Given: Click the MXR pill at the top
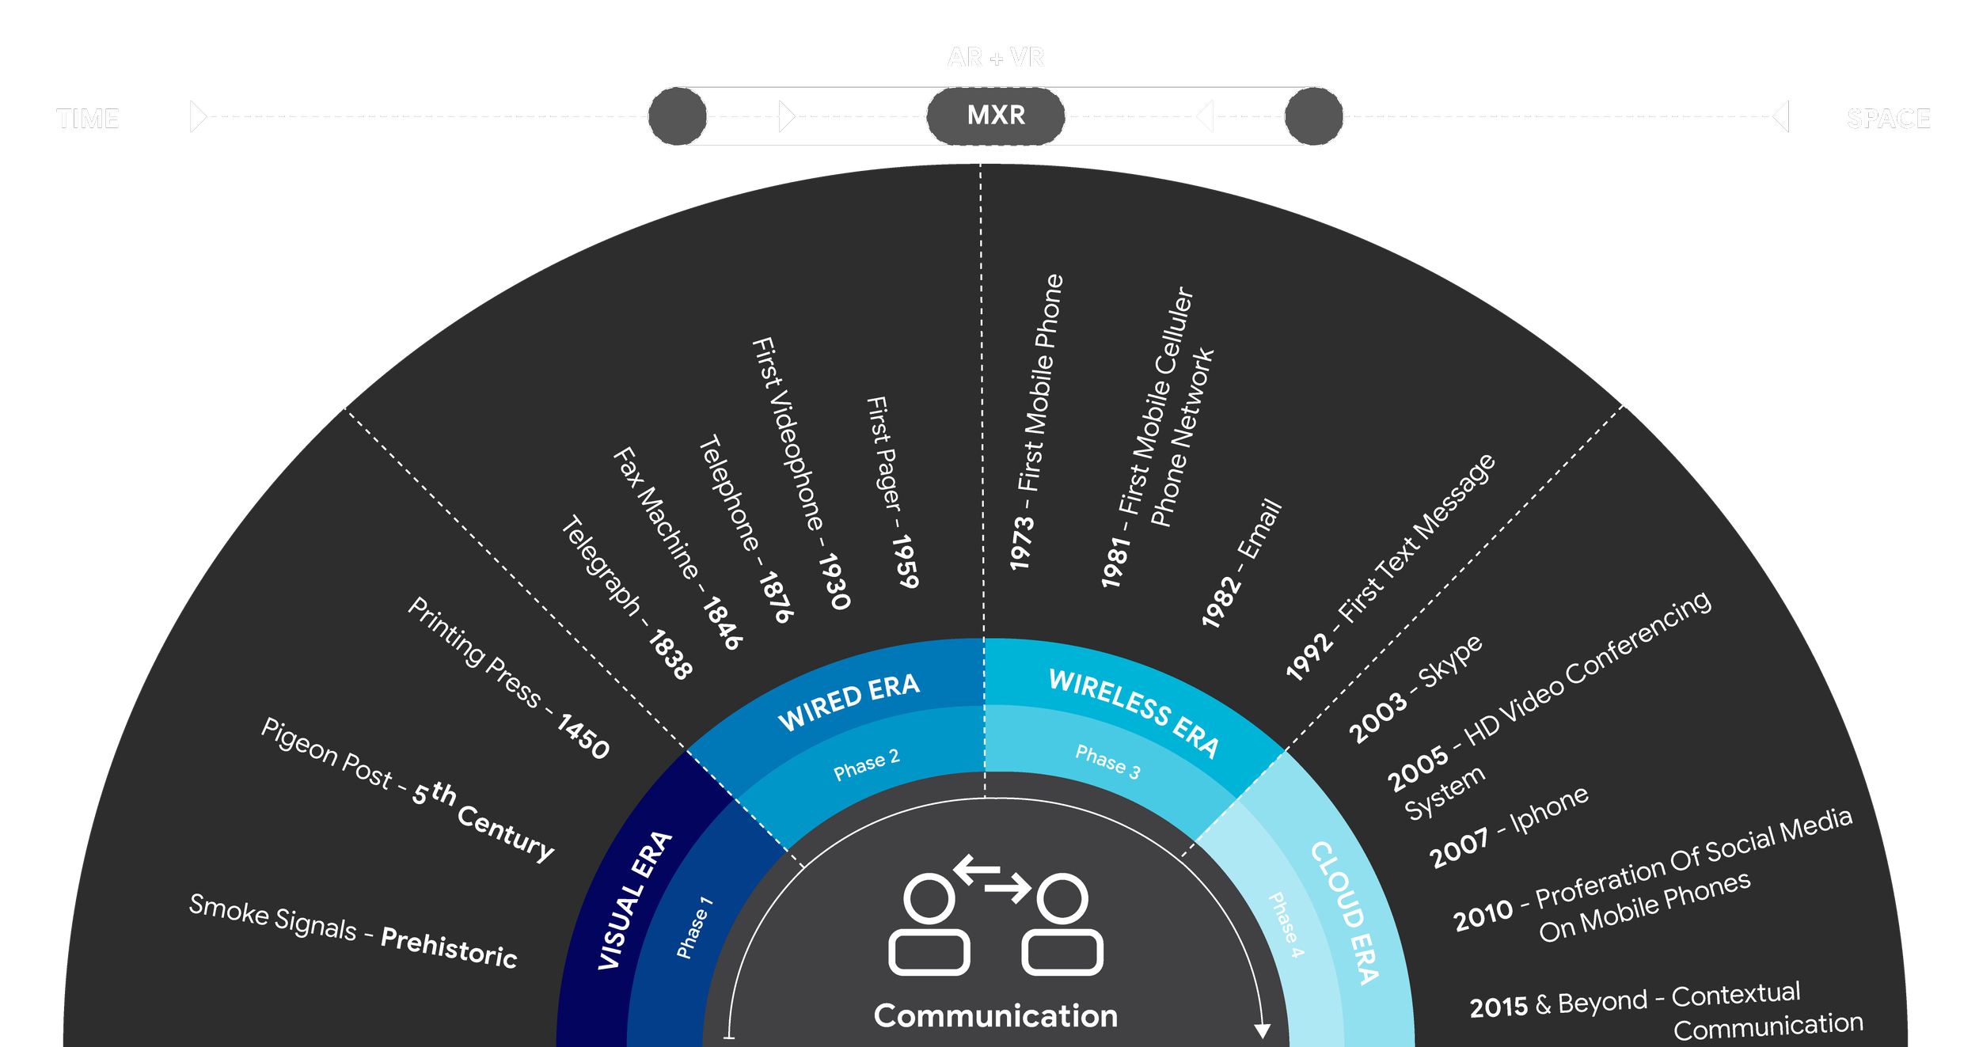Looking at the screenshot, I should [x=996, y=116].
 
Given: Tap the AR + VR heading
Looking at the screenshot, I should [x=996, y=62].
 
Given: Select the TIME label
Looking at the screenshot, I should [x=88, y=119].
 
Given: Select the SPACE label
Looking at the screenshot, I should [x=1889, y=119].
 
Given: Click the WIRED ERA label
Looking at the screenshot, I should [x=849, y=701].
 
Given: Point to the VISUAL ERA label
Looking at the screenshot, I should [x=635, y=901].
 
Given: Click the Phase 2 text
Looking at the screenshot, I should [x=867, y=764].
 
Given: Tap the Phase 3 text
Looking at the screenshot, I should [x=1107, y=762].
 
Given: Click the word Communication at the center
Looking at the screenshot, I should [x=996, y=1015].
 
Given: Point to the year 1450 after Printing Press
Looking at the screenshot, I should [x=583, y=736].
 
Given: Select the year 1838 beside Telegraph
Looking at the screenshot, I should [x=670, y=654].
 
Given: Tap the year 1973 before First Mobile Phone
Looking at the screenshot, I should [x=1022, y=543].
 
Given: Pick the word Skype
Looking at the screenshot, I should [x=1449, y=662].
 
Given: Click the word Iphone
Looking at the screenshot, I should [x=1549, y=810].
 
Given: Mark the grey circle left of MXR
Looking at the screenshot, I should [x=678, y=116].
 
